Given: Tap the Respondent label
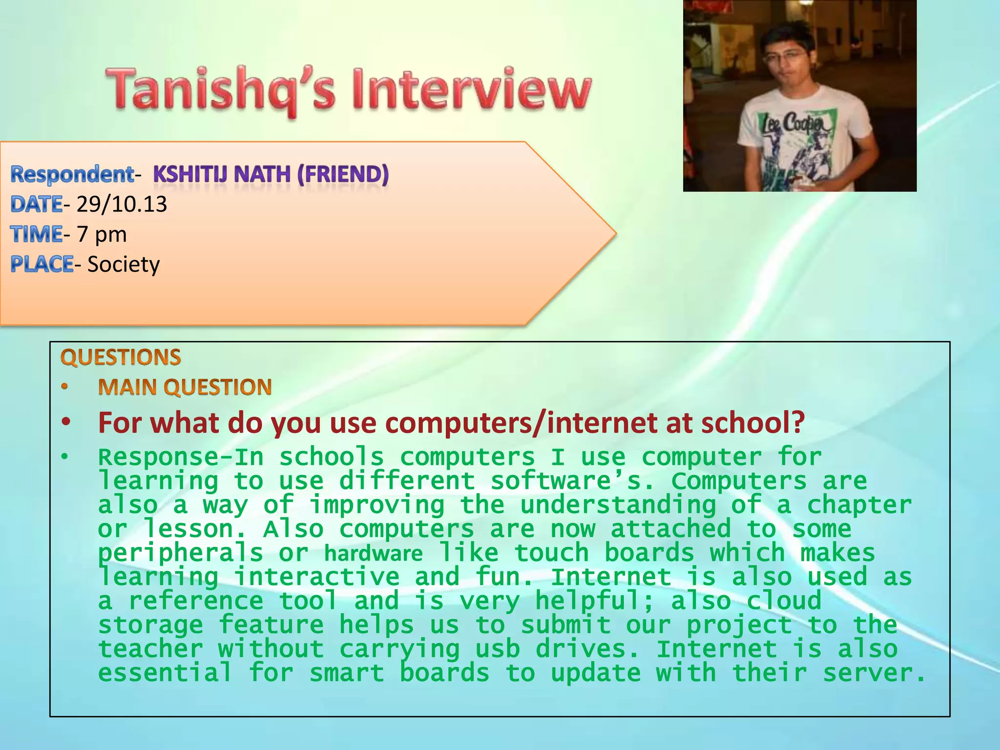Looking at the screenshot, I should click(x=72, y=174).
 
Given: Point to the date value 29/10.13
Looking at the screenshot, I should click(x=122, y=204).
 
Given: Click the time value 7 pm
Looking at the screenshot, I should click(x=102, y=234).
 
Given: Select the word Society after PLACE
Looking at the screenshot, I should click(x=124, y=265).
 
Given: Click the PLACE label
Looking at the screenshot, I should click(x=42, y=265).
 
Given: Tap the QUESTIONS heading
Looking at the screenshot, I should click(x=121, y=357).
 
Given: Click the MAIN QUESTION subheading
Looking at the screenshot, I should click(x=185, y=387).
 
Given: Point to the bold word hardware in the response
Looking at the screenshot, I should click(x=373, y=554).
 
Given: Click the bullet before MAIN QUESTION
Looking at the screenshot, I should click(x=65, y=387).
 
